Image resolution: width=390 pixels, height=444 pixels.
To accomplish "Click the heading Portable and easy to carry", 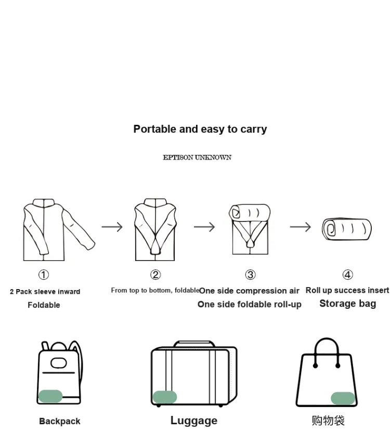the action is point(200,129).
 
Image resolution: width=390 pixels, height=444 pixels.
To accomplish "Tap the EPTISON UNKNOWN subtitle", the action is point(197,158).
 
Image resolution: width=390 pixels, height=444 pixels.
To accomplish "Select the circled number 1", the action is point(44,275).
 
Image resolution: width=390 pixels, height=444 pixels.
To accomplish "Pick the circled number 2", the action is point(155,275).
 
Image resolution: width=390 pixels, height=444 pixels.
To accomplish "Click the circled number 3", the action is point(250,275).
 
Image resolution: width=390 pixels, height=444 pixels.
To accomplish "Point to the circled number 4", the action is point(348,275).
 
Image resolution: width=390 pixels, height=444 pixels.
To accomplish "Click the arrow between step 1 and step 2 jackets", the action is point(112,227).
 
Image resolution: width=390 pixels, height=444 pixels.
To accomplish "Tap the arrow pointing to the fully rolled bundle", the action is point(300,227).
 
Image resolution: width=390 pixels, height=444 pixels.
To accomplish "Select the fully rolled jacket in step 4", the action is point(347,229).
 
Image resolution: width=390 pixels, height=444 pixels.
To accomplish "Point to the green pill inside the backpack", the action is point(50,396).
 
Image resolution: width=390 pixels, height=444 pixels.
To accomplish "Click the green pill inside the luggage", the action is point(165,397).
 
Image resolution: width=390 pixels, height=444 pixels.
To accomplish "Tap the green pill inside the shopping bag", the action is point(343,398).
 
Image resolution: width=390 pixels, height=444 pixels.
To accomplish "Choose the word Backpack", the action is point(60,421).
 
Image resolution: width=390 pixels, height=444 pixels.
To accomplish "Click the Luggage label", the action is point(194,421).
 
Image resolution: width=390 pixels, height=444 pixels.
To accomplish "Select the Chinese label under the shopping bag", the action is point(328,421).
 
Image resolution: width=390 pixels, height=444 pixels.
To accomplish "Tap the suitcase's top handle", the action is point(194,344).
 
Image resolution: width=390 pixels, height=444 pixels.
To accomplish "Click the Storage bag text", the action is point(348,304).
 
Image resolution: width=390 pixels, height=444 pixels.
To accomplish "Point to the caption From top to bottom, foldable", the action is point(155,291).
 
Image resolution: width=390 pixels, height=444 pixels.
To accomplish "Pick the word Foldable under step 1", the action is point(44,305).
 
